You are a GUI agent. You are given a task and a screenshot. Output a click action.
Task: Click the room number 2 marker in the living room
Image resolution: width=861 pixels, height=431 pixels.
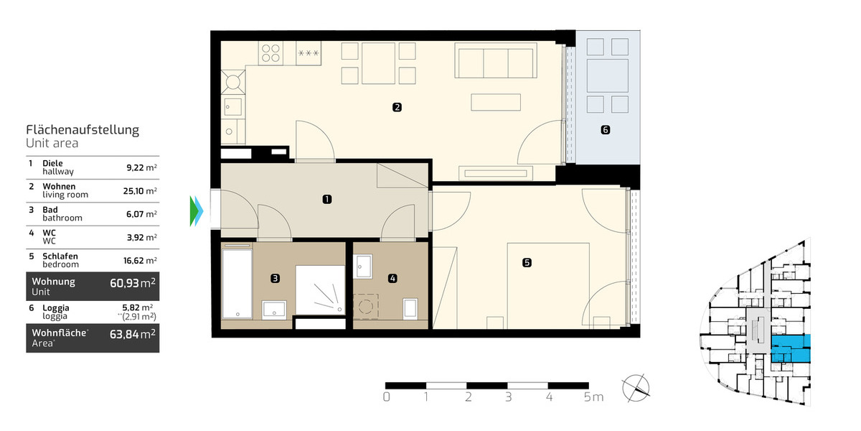[x=397, y=108]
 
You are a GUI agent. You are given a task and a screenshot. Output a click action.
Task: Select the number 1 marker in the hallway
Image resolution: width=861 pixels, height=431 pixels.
[x=326, y=199]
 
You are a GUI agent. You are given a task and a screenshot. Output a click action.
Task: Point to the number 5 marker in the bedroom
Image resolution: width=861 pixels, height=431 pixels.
[x=527, y=263]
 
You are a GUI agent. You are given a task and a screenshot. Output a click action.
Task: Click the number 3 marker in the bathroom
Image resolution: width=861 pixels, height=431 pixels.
[x=275, y=277]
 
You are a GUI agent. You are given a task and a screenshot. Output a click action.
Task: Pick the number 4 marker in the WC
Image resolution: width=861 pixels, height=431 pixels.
[x=392, y=277]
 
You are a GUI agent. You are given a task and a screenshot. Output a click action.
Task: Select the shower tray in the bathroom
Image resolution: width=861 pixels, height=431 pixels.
[x=319, y=289]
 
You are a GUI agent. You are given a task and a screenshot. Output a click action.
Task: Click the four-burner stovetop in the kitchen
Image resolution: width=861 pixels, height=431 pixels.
[x=270, y=52]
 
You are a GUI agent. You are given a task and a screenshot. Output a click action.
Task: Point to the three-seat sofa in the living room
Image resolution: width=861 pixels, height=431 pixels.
[x=495, y=63]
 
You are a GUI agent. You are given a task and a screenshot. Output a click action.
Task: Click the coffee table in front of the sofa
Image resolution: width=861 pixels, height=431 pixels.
[x=495, y=102]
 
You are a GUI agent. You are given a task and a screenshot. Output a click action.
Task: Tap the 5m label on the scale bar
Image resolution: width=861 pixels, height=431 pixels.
[x=593, y=397]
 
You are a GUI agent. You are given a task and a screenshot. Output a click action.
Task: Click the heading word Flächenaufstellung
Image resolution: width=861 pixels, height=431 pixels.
[x=83, y=130]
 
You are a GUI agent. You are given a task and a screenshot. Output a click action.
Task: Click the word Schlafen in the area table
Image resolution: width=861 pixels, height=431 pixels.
[x=61, y=256]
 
